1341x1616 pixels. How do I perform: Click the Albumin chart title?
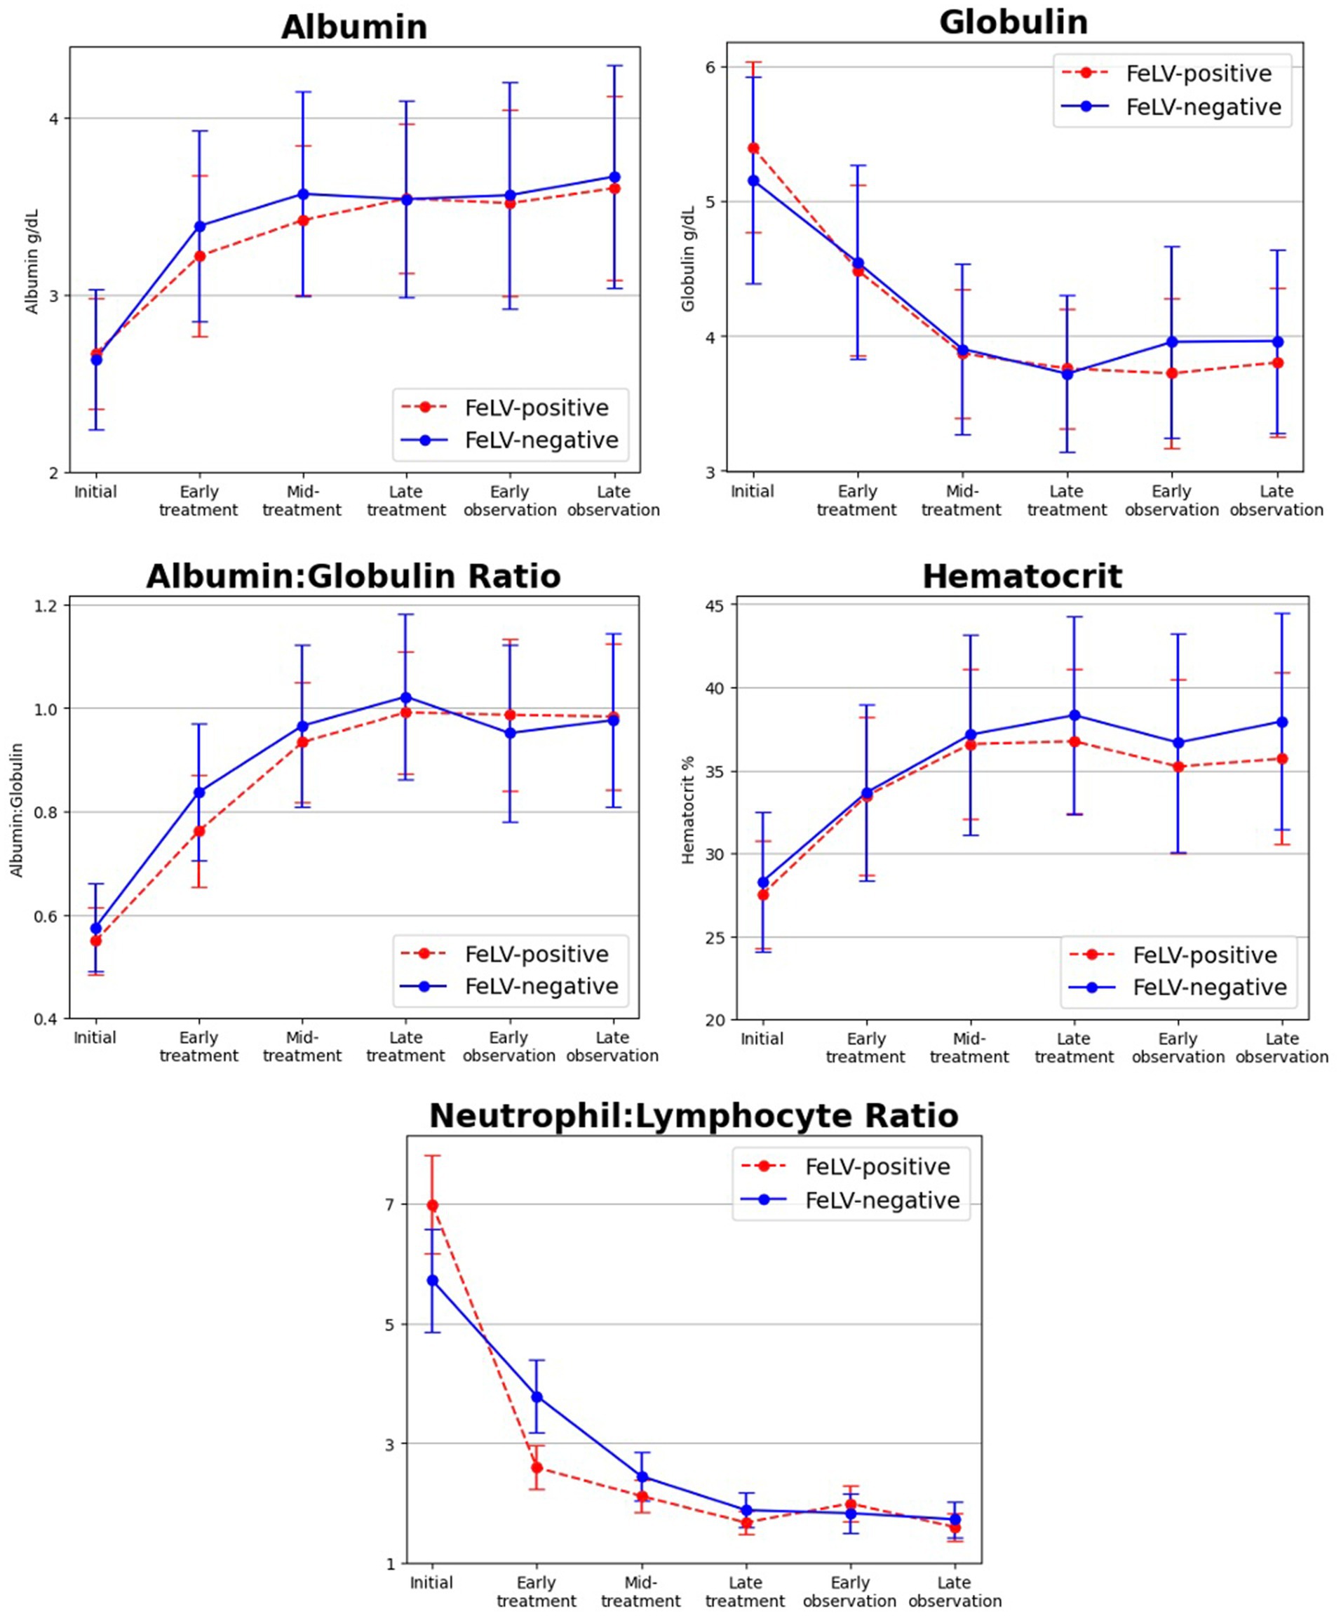tap(354, 27)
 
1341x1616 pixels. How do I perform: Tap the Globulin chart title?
tap(1013, 22)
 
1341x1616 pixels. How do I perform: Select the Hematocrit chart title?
tap(1022, 577)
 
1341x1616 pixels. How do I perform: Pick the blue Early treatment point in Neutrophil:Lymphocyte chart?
tap(537, 1396)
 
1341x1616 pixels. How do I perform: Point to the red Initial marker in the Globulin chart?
tap(753, 148)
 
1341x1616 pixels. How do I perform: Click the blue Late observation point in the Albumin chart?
tap(614, 177)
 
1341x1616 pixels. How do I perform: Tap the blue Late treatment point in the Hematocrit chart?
tap(1074, 715)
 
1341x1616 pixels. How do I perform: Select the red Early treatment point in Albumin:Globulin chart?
tap(199, 831)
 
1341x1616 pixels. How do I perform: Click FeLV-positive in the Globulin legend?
tap(1199, 74)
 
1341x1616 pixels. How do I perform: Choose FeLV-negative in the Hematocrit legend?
tap(1209, 988)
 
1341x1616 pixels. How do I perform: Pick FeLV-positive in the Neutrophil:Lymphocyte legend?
tap(878, 1166)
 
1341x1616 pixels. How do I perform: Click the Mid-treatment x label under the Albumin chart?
tap(302, 500)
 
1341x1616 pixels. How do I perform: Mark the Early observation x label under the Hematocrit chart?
tap(1178, 1047)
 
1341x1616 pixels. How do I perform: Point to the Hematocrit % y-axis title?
tap(689, 809)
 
